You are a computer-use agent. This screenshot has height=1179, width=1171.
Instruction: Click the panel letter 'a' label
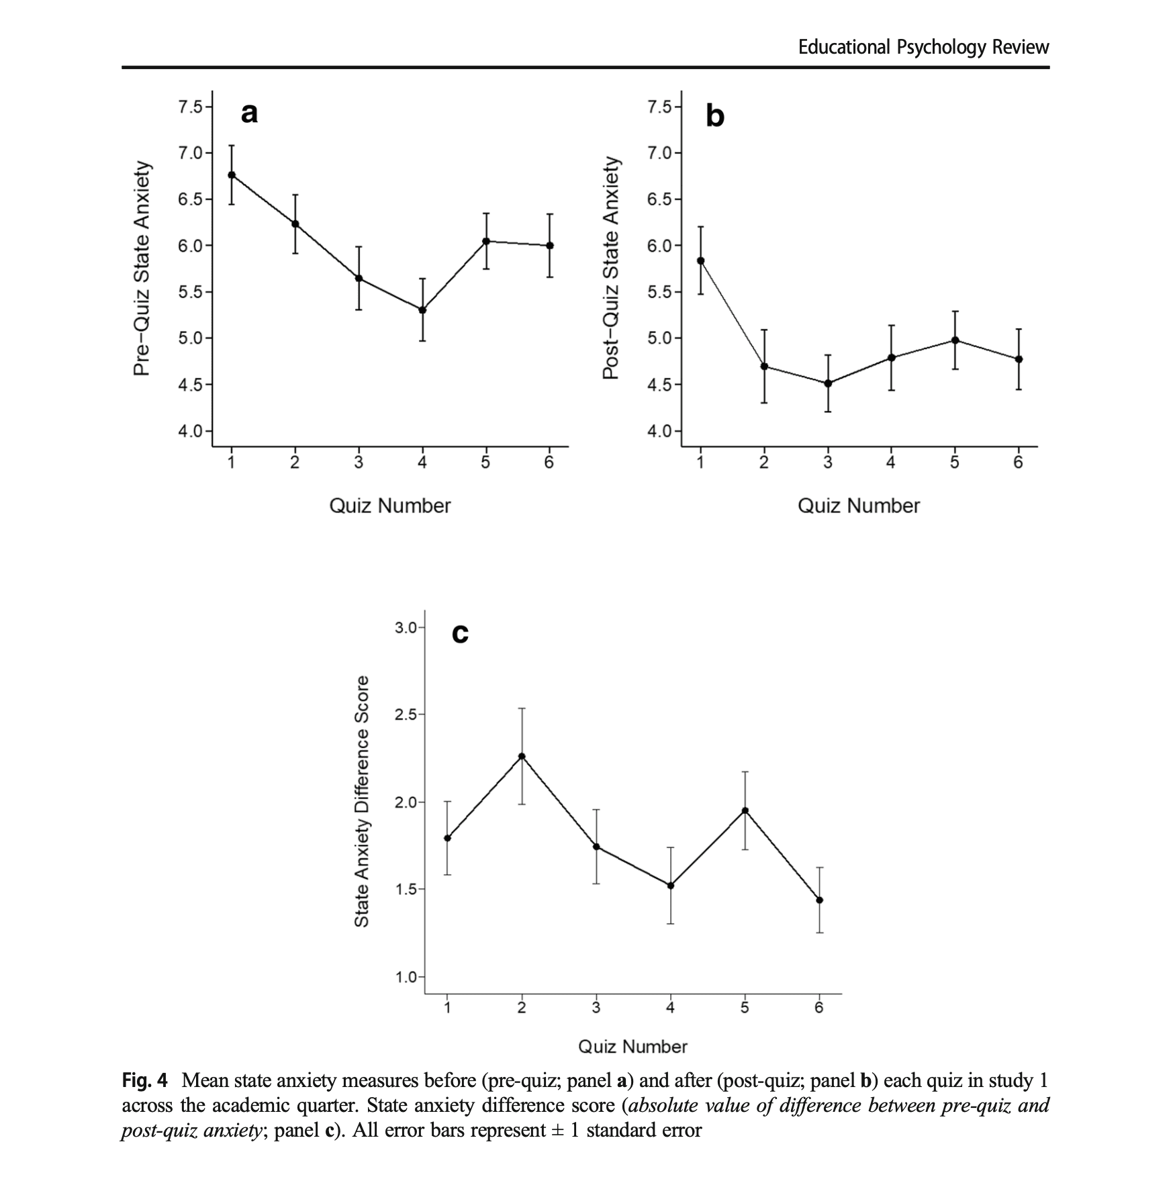pos(248,114)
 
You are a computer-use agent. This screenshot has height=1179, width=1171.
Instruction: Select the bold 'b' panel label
pos(715,117)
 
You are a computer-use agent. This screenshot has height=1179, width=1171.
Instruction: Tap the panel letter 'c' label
pos(460,633)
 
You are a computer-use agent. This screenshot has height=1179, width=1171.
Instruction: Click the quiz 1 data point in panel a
pos(232,175)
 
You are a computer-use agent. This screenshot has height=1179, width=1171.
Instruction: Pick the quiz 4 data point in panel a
pos(422,310)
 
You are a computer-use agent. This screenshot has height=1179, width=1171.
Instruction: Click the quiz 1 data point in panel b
pos(701,261)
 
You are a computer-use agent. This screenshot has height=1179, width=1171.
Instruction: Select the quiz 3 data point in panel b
pos(828,383)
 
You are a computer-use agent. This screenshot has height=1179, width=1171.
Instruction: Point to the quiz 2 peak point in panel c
pos(522,756)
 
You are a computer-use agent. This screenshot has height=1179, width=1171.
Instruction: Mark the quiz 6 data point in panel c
pos(819,900)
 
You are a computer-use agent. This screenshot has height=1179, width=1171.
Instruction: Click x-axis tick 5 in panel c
pos(745,1008)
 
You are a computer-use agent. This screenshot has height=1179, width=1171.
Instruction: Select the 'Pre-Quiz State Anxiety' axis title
pos(142,269)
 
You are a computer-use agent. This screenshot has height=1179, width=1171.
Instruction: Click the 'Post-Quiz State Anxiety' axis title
pos(610,269)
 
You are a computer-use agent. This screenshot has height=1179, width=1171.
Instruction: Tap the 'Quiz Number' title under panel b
pos(858,506)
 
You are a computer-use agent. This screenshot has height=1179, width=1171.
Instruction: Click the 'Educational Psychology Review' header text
pos(923,47)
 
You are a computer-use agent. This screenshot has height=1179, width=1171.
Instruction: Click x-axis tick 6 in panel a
pos(549,463)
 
